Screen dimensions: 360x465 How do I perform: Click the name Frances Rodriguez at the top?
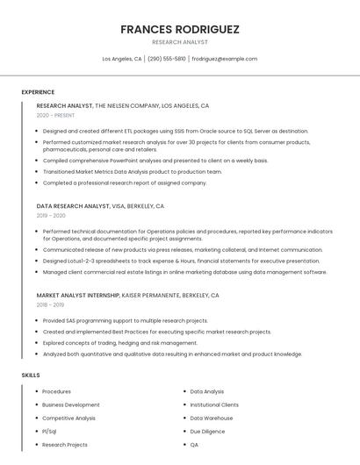tap(180, 29)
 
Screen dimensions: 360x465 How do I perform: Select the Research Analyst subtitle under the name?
tap(180, 41)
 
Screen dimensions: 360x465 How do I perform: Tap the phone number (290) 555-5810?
tap(167, 59)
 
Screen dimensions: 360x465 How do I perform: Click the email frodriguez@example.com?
tap(224, 59)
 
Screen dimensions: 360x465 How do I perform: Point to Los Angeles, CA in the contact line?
tap(122, 59)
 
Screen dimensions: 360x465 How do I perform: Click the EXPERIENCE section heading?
tap(38, 92)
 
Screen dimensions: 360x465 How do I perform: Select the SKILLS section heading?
tap(31, 375)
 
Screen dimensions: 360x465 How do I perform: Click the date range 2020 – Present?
tap(55, 116)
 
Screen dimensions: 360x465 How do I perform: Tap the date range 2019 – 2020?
tap(51, 215)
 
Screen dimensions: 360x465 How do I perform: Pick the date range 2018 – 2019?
tap(51, 305)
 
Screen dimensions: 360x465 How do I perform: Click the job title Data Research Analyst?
tap(73, 205)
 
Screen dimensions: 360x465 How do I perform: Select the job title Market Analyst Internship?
tap(77, 296)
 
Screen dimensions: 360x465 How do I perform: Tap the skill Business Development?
tap(70, 405)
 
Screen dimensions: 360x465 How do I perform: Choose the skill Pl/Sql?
tap(49, 432)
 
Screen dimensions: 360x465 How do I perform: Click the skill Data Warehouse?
tap(212, 418)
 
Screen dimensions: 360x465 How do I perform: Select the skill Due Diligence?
tap(207, 432)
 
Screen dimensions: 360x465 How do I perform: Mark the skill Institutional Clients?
tap(214, 405)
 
